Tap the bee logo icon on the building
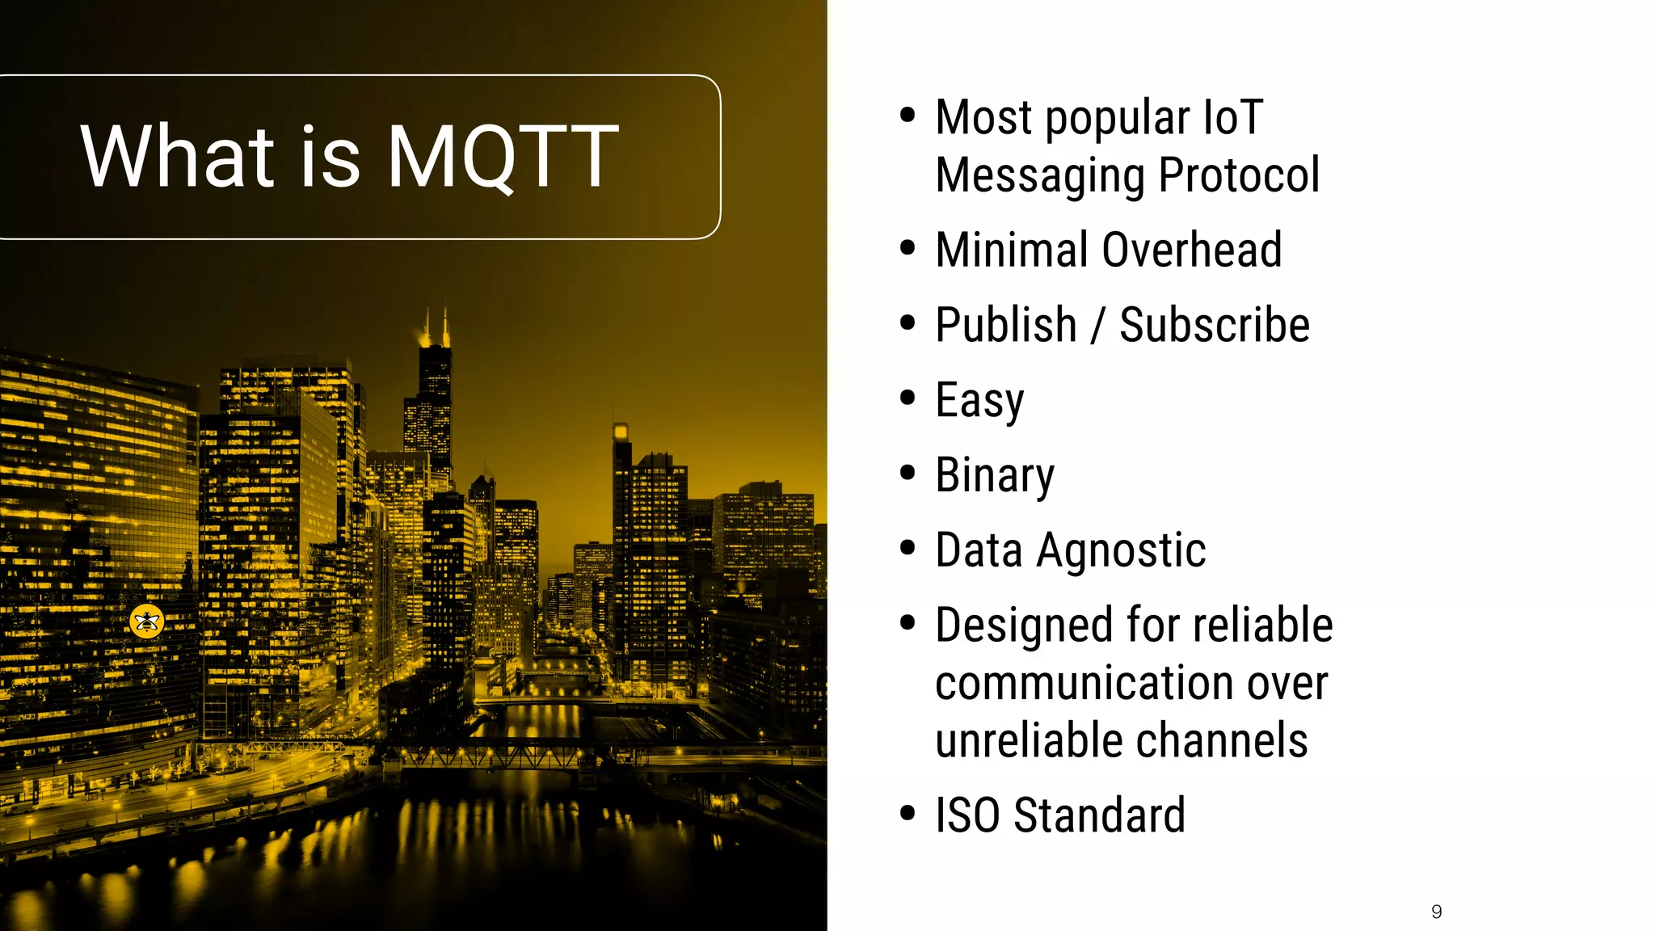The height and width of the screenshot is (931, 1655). coord(147,621)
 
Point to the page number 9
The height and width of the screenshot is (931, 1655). coord(1436,912)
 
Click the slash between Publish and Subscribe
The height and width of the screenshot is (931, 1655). coord(1097,326)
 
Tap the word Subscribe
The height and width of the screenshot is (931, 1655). coord(1214,326)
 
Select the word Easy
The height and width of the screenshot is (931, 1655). coord(979,402)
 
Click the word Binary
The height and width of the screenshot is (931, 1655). coord(995,476)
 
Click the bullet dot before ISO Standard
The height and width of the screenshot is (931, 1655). coord(908,813)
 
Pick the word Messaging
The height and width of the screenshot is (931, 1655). coord(1042,176)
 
